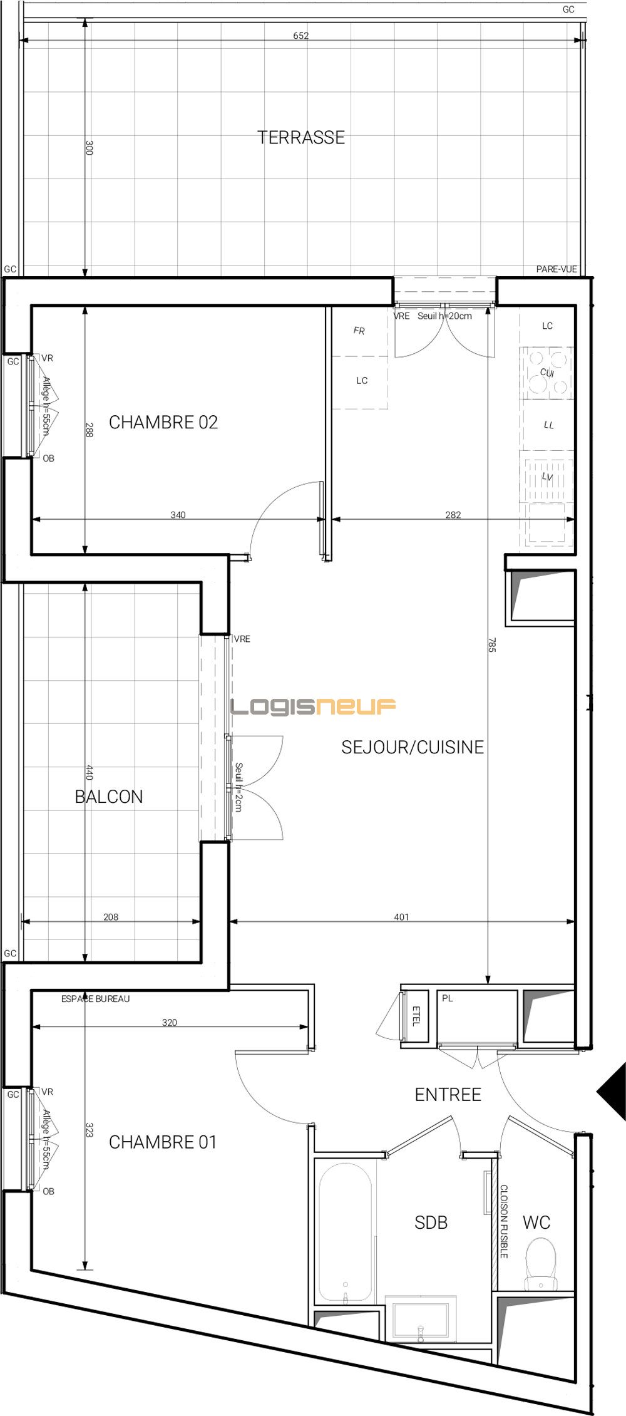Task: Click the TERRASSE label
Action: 301,137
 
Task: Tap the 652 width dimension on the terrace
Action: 300,36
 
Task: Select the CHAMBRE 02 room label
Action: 163,422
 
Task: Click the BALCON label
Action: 109,797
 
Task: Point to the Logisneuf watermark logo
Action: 313,707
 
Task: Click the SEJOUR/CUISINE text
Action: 413,747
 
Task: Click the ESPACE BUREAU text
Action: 95,999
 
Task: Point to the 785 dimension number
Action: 491,645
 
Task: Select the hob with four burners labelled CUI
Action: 547,373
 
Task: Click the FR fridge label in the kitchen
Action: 359,331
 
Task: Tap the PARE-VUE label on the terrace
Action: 556,269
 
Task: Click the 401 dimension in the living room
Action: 401,917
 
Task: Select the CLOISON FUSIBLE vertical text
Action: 504,1221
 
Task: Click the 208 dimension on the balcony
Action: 111,917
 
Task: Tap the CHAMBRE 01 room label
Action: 163,1142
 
